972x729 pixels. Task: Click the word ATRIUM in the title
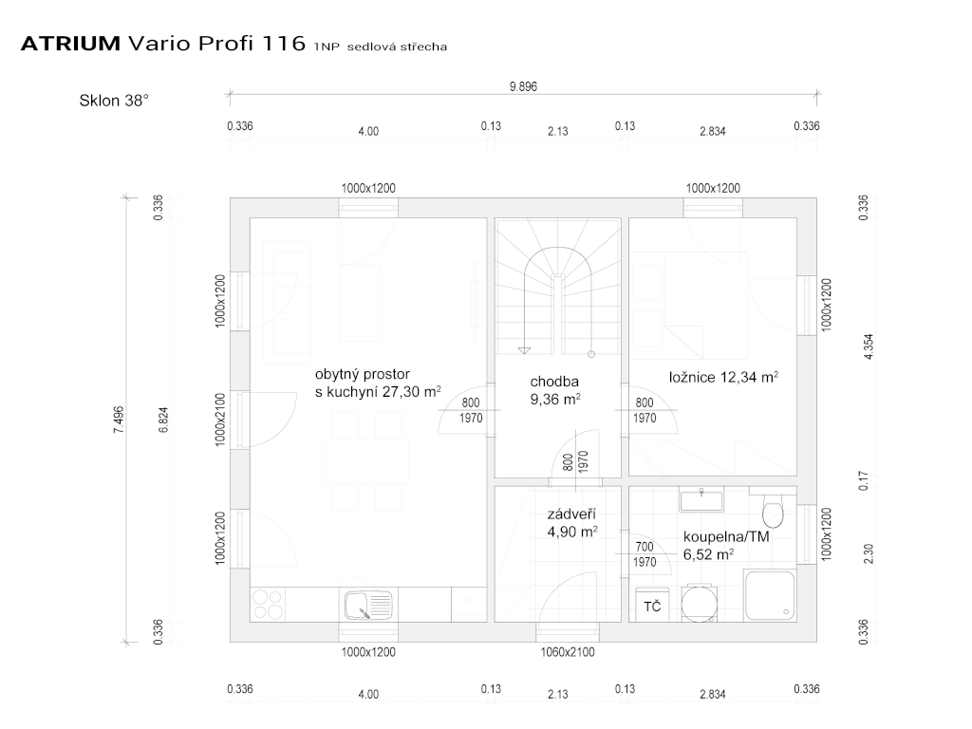pyautogui.click(x=70, y=44)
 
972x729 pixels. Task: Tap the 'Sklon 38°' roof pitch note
pyautogui.click(x=114, y=101)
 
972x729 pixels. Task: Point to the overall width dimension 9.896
pyautogui.click(x=523, y=86)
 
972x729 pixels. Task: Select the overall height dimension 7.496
pyautogui.click(x=119, y=420)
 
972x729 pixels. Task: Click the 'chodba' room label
pyautogui.click(x=554, y=382)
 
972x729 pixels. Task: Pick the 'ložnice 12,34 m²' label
pyautogui.click(x=723, y=377)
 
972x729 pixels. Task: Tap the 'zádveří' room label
pyautogui.click(x=571, y=514)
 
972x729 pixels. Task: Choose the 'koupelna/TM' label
pyautogui.click(x=726, y=537)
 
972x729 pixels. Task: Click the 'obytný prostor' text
pyautogui.click(x=363, y=374)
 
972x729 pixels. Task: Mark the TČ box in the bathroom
pyautogui.click(x=652, y=606)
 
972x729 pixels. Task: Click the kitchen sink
pyautogui.click(x=368, y=605)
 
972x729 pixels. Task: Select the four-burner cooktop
pyautogui.click(x=269, y=605)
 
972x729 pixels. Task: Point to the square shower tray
pyautogui.click(x=770, y=596)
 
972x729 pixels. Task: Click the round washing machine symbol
pyautogui.click(x=700, y=604)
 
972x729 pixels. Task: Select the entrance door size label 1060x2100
pyautogui.click(x=568, y=652)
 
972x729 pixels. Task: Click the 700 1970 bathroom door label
pyautogui.click(x=645, y=554)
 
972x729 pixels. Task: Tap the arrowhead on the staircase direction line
pyautogui.click(x=524, y=350)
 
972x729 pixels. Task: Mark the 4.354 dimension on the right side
pyautogui.click(x=869, y=347)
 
